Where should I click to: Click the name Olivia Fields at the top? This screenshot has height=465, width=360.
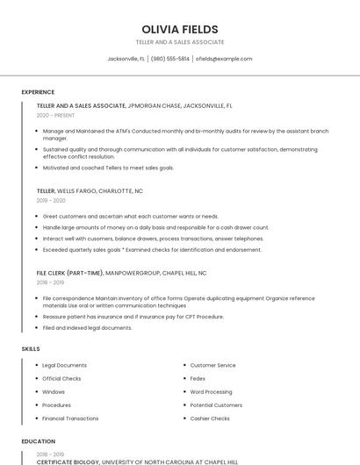179,29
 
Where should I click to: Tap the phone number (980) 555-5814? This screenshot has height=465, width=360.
169,59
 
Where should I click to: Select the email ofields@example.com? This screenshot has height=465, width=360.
223,59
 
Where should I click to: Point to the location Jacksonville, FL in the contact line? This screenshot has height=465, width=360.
126,59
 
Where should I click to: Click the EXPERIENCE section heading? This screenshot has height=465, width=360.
38,92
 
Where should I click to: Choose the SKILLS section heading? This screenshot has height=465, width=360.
31,349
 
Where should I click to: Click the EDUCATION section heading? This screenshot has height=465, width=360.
38,441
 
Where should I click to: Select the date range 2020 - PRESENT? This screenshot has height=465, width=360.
55,115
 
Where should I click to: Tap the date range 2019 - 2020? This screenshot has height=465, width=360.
51,200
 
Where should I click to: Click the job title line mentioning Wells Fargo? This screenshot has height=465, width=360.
90,190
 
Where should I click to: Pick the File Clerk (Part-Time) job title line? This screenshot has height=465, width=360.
121,273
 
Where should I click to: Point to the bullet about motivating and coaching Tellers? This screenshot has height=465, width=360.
108,168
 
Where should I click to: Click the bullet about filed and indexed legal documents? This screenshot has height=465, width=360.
87,327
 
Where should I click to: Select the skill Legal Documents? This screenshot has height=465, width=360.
64,365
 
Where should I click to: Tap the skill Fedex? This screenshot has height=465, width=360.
198,378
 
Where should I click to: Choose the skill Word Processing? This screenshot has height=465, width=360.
211,391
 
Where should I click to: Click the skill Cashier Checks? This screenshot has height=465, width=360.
210,418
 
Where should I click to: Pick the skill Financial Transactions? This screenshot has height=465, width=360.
70,418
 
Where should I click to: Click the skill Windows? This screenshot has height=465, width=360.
54,391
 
